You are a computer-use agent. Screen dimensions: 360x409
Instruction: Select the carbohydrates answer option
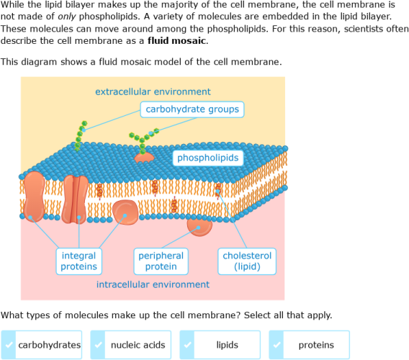click(x=42, y=345)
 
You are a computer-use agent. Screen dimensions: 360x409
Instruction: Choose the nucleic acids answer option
click(x=130, y=345)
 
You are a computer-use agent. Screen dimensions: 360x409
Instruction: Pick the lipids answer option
click(x=220, y=345)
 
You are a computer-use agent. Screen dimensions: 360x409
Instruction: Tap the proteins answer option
click(x=309, y=345)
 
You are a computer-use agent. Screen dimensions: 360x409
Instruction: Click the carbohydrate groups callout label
click(x=192, y=109)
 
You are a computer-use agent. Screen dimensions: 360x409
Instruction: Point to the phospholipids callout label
click(x=208, y=158)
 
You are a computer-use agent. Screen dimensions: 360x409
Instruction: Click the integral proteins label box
click(x=78, y=261)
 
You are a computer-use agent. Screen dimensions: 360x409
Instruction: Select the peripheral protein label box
click(x=161, y=261)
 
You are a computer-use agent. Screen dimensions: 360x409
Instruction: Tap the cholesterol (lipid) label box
click(x=247, y=261)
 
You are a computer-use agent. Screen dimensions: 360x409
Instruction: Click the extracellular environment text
click(x=153, y=91)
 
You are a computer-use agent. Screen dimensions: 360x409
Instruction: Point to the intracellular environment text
click(x=153, y=284)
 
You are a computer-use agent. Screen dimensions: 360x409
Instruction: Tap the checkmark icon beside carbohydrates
click(x=8, y=345)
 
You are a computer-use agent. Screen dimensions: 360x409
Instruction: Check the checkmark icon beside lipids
click(x=186, y=345)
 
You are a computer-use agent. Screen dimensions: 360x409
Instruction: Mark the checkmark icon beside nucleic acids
click(x=97, y=345)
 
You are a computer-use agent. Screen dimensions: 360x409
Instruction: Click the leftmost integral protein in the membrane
click(x=35, y=196)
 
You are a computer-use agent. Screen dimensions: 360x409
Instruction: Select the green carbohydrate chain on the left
click(x=81, y=135)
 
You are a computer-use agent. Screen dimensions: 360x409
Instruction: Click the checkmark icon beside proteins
click(x=276, y=345)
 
